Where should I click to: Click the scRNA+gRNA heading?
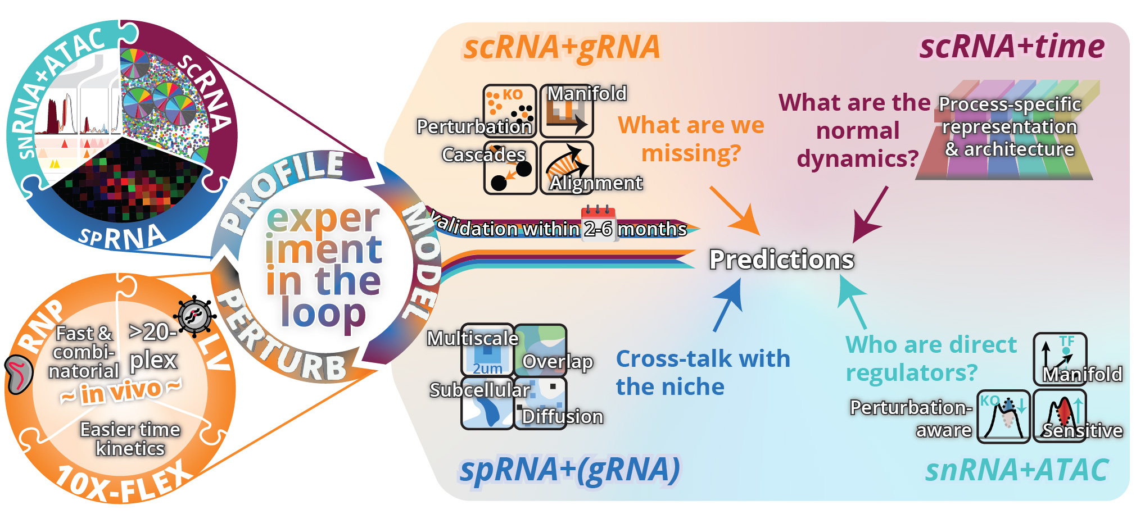click(561, 47)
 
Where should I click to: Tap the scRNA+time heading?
click(1011, 47)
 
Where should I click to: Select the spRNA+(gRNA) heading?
click(569, 470)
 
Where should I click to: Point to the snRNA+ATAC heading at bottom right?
click(1016, 470)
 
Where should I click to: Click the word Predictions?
click(781, 260)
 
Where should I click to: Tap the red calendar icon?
click(598, 213)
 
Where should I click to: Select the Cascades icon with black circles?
click(510, 168)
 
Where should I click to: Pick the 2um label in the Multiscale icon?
click(487, 369)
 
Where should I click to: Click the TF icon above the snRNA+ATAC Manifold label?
click(1060, 351)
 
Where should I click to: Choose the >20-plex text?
click(153, 346)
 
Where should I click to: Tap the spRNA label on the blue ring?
click(121, 237)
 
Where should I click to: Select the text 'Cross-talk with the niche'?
click(703, 372)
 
